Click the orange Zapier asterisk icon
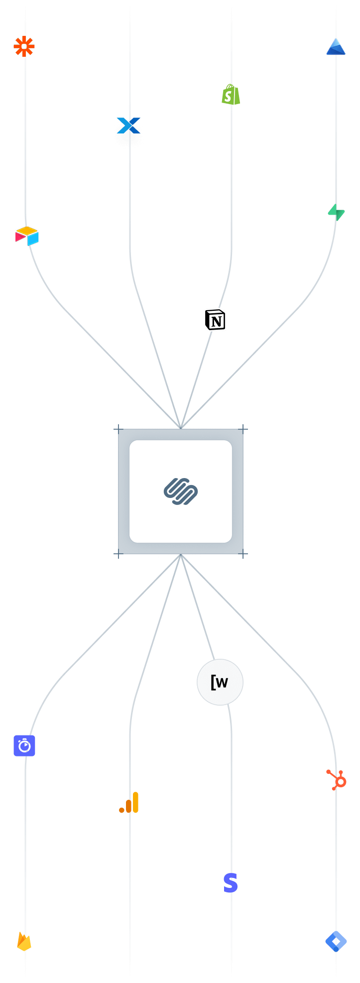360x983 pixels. coord(24,46)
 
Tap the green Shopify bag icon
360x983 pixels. coord(231,94)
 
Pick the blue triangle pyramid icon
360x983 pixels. coord(336,46)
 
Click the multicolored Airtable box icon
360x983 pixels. coord(27,236)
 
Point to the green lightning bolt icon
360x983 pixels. coord(336,212)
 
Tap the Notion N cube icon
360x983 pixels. coord(215,320)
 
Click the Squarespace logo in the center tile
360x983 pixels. coord(181,491)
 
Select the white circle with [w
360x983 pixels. coord(220,682)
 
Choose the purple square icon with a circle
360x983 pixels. coord(24,745)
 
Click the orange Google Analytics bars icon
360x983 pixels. coord(129,802)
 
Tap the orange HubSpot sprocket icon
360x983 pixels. coord(337,779)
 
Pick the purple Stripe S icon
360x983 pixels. coord(231,883)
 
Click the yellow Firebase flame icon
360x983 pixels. coord(24,941)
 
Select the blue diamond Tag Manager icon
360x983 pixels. coord(336,941)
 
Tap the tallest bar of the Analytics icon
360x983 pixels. coord(135,802)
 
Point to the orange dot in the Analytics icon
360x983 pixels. coord(121,810)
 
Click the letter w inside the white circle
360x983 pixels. coord(223,682)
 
